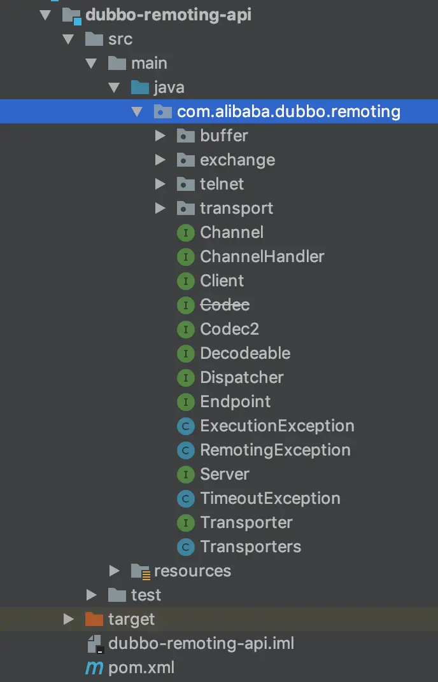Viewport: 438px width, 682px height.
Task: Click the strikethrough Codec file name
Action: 225,305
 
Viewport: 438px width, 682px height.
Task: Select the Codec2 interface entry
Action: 229,329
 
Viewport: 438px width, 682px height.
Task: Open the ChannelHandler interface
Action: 262,256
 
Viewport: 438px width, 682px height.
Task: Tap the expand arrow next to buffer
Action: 160,136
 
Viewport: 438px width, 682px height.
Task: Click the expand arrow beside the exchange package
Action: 160,160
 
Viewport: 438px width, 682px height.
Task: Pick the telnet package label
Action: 222,184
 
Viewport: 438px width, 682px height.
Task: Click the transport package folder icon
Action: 185,208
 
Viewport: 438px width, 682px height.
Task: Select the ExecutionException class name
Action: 277,426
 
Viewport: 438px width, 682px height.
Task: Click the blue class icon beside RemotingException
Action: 185,450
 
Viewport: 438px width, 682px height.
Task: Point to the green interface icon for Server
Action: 185,474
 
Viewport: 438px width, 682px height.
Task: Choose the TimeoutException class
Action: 270,498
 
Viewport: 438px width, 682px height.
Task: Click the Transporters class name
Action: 250,546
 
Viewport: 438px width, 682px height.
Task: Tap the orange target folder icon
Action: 94,619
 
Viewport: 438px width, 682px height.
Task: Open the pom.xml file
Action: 141,667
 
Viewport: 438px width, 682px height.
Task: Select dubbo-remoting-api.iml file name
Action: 201,643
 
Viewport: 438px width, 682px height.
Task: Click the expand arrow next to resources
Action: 114,571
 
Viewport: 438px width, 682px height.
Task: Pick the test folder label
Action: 146,595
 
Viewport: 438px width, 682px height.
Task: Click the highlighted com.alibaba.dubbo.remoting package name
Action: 288,111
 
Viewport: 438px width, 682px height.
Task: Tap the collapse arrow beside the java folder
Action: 114,87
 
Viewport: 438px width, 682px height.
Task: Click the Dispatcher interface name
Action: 241,377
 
